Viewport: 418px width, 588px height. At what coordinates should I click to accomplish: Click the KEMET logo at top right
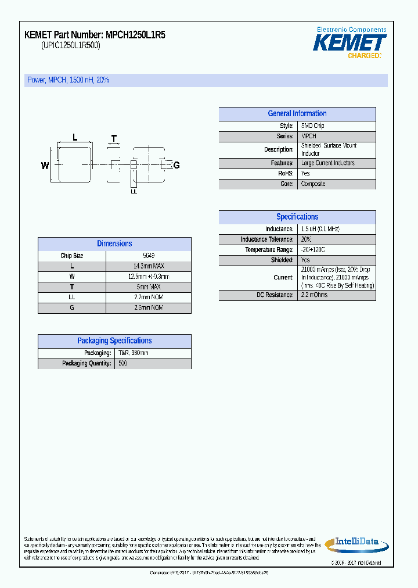(x=349, y=43)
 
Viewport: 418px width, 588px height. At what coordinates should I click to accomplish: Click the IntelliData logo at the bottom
(x=355, y=543)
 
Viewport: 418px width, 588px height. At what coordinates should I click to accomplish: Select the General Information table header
(x=297, y=114)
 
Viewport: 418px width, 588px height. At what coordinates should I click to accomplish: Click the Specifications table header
(x=297, y=217)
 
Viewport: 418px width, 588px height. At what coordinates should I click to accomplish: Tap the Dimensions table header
(x=114, y=244)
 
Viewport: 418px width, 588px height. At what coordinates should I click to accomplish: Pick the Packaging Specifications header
(x=114, y=341)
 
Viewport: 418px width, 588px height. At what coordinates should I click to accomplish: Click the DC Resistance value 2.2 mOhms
(x=314, y=295)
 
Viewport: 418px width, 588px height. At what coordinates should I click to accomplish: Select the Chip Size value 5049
(x=149, y=256)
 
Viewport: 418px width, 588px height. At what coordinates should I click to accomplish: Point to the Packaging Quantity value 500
(x=122, y=363)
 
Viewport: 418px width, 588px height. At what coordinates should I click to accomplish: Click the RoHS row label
(x=286, y=174)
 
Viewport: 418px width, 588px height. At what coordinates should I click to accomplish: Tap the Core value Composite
(x=313, y=184)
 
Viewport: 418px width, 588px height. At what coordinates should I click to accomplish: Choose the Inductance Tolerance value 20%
(x=306, y=239)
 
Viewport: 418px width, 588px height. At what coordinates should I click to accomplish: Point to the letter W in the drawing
(x=45, y=166)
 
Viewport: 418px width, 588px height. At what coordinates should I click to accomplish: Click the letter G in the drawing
(x=176, y=166)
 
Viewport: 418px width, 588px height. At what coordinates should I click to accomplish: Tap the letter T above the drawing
(x=114, y=138)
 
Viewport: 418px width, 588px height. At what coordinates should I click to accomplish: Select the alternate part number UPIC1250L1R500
(x=71, y=46)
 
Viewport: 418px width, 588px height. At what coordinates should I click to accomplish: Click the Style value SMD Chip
(x=312, y=126)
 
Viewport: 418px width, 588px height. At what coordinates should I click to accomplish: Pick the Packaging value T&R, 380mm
(x=133, y=353)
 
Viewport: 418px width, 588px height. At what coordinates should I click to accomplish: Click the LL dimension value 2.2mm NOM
(x=149, y=297)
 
